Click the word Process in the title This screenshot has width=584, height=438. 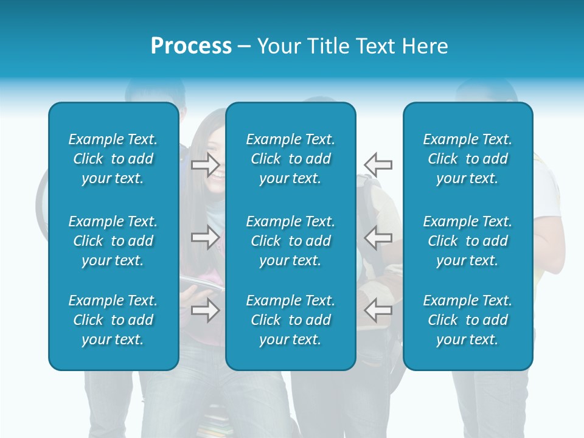[x=191, y=46]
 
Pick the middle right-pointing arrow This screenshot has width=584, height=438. [x=205, y=237]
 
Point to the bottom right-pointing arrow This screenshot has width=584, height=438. [x=205, y=310]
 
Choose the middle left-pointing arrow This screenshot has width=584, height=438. [x=378, y=237]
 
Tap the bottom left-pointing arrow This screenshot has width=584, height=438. [x=378, y=310]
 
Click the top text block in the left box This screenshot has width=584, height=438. [x=113, y=159]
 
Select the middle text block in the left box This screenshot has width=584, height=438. [x=113, y=241]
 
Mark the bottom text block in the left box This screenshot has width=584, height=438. [x=113, y=320]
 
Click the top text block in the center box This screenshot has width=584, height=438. [x=290, y=159]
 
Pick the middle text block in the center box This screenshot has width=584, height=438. [x=290, y=241]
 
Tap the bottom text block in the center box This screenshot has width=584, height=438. [x=290, y=320]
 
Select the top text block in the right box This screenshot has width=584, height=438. [x=468, y=159]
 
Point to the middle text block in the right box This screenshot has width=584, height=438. [x=468, y=241]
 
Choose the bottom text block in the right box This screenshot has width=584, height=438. [x=468, y=320]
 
